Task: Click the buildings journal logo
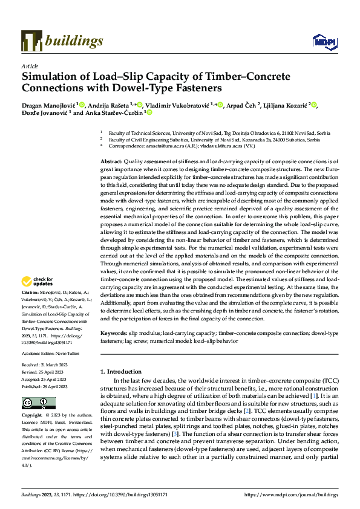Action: (62, 41)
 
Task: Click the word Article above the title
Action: (30, 66)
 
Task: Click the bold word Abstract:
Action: (111, 162)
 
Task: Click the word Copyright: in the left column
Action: (33, 416)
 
